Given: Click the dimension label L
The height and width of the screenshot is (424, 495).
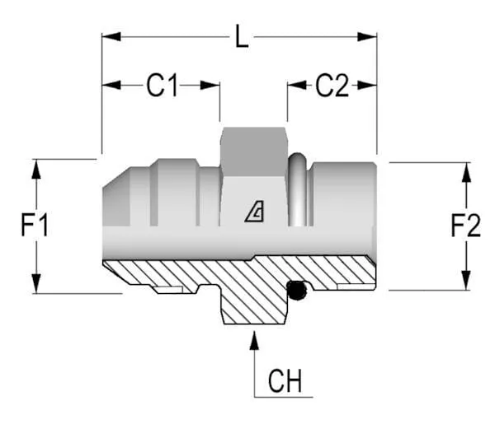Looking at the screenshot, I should click(241, 38).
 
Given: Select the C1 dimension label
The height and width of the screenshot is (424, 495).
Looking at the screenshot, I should click(163, 85).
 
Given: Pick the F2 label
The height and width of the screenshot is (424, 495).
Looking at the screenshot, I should click(465, 225).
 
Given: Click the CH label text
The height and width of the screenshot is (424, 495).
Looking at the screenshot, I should click(285, 382).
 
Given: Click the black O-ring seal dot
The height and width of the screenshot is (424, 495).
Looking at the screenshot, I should click(295, 289).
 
